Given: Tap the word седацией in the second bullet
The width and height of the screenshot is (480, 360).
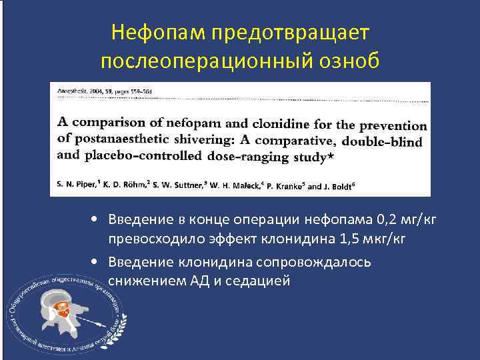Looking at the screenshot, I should pyautogui.click(x=257, y=280).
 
